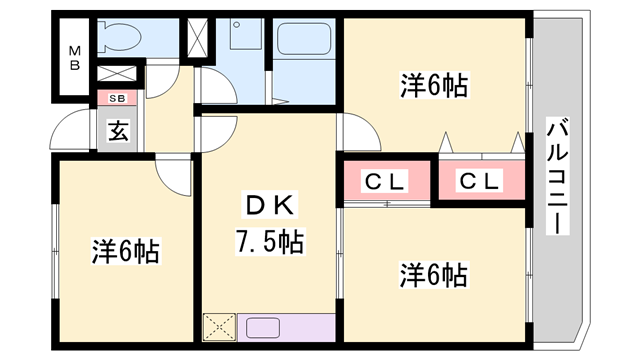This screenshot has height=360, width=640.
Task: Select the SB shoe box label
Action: pyautogui.click(x=117, y=98)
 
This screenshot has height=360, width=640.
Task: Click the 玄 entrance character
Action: pyautogui.click(x=118, y=130)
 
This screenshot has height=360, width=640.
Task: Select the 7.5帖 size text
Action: pyautogui.click(x=269, y=241)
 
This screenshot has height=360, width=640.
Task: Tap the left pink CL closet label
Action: pyautogui.click(x=383, y=181)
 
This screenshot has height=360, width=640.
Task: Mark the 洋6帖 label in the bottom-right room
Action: pyautogui.click(x=435, y=272)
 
